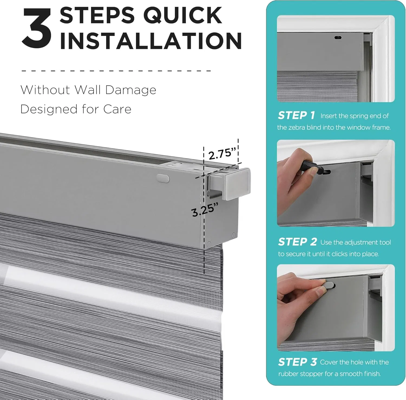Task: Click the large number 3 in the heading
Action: click(37, 28)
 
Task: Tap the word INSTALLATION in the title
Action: click(150, 41)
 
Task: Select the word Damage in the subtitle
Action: click(130, 90)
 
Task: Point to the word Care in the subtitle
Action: click(117, 109)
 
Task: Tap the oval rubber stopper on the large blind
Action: click(163, 178)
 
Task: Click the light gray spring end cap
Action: click(237, 184)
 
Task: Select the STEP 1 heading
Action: click(296, 115)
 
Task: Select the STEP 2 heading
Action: click(297, 242)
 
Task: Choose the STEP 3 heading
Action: click(297, 362)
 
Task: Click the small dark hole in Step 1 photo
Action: click(338, 38)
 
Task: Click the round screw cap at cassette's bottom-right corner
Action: click(233, 235)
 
